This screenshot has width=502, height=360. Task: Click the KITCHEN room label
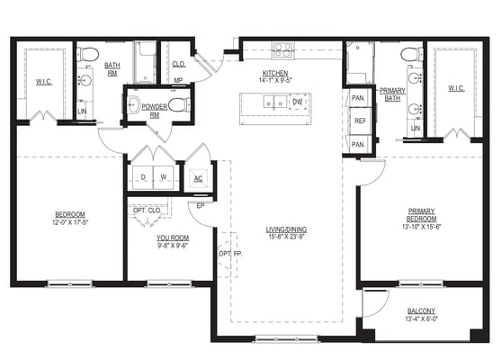pos(275,73)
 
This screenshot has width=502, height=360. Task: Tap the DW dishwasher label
pos(298,102)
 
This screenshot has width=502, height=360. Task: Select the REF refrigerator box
pos(359,121)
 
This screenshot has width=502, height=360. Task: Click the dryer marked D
pos(142,176)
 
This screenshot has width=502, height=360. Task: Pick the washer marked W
pos(164,176)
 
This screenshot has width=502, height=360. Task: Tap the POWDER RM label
pos(155,110)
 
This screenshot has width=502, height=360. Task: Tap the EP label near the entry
pos(202,205)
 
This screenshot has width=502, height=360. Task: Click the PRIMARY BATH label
pos(392,94)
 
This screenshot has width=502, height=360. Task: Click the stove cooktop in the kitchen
pos(282,50)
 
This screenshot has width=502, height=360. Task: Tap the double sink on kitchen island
pos(275,102)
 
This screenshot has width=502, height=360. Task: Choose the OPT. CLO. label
pos(146,210)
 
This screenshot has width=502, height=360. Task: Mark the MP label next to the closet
pos(179,79)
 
